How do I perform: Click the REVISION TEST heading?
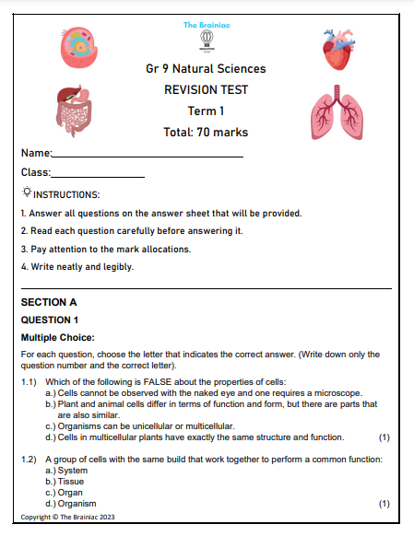[x=206, y=89]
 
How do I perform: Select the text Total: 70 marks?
[x=206, y=132]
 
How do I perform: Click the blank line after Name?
[x=148, y=157]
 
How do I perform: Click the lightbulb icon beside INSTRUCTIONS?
[x=26, y=192]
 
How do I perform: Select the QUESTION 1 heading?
[x=50, y=320]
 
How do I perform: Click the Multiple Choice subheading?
[x=58, y=338]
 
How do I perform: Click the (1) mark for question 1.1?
[x=384, y=437]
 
